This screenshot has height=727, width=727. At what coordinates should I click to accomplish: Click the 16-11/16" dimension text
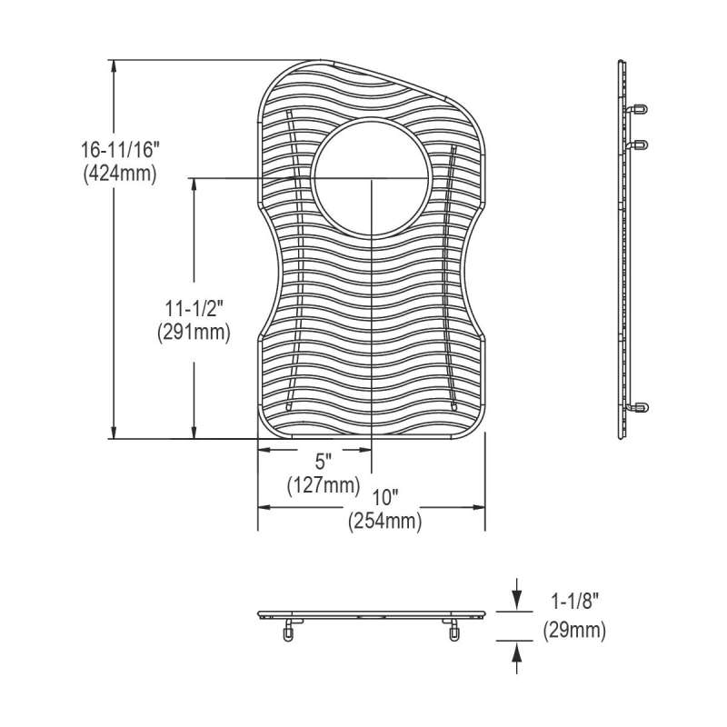tap(120, 150)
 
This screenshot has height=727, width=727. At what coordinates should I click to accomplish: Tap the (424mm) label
tap(120, 174)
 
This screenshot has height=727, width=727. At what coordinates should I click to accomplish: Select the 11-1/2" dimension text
tap(194, 308)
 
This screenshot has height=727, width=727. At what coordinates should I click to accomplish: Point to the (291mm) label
tap(194, 333)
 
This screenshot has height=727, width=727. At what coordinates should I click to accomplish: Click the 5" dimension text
tap(324, 462)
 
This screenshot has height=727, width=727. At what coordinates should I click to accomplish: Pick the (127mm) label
tap(324, 485)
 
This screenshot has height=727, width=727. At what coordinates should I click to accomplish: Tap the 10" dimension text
tap(386, 498)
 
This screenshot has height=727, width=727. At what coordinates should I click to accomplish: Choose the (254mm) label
tap(385, 522)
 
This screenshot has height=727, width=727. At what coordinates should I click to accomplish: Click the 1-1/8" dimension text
tap(575, 603)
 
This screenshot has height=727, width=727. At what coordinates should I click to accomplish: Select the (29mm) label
tap(574, 631)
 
